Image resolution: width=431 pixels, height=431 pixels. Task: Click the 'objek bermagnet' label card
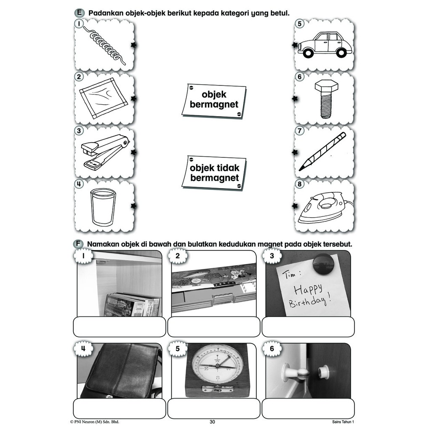click(x=214, y=101)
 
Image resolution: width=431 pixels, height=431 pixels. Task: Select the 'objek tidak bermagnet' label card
click(x=214, y=173)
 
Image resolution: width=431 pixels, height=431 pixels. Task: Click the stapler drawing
click(x=105, y=152)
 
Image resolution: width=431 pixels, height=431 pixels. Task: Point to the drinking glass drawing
click(x=103, y=206)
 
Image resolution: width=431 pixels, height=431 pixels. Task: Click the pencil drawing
click(x=322, y=152)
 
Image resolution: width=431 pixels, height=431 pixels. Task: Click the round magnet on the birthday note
click(x=321, y=263)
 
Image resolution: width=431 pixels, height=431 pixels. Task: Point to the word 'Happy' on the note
click(x=308, y=290)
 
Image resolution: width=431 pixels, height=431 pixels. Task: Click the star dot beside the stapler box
click(x=134, y=152)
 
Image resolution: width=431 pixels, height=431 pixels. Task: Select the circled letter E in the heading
click(x=79, y=13)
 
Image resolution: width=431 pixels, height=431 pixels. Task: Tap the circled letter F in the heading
click(x=78, y=244)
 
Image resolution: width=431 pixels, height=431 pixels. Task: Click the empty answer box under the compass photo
click(x=214, y=409)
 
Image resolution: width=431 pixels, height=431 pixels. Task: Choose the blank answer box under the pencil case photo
click(x=214, y=327)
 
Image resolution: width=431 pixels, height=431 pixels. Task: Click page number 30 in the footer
click(x=212, y=422)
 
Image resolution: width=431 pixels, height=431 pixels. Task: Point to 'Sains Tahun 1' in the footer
click(x=343, y=422)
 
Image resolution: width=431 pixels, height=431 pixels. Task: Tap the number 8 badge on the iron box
click(x=300, y=184)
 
